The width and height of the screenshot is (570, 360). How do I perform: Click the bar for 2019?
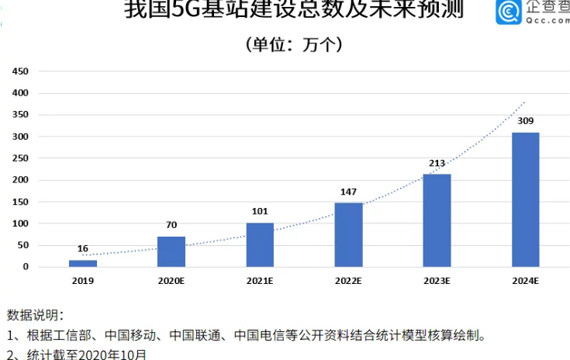(x=82, y=263)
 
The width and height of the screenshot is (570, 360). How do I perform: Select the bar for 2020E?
(x=171, y=251)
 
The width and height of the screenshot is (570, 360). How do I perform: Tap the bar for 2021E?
(x=260, y=244)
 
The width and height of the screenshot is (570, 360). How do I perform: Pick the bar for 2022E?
(x=348, y=234)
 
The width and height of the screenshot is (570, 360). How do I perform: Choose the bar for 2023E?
(x=437, y=220)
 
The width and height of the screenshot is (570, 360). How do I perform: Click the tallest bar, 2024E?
(x=525, y=199)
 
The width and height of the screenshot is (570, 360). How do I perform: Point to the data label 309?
(x=525, y=122)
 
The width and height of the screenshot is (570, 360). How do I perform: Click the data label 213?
(x=437, y=164)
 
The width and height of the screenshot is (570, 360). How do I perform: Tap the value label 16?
(x=82, y=249)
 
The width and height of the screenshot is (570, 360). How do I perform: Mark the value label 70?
(x=171, y=226)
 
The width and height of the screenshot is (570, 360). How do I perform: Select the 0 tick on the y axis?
(x=25, y=267)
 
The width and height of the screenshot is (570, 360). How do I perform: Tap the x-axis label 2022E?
(x=348, y=282)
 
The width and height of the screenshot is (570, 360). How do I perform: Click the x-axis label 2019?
(x=82, y=282)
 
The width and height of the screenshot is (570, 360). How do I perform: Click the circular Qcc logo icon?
(x=510, y=13)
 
